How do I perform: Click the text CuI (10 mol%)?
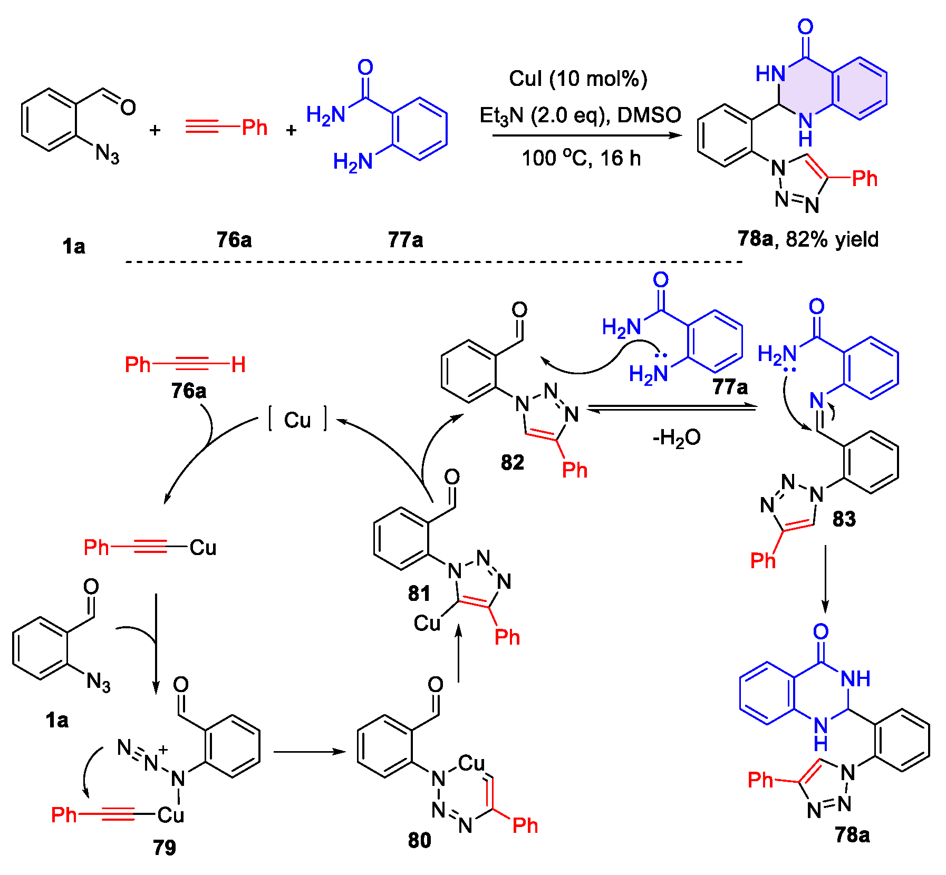pyautogui.click(x=578, y=79)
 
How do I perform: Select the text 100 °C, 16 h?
pyautogui.click(x=581, y=158)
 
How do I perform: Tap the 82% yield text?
pyautogui.click(x=832, y=239)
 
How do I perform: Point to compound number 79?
pyautogui.click(x=165, y=848)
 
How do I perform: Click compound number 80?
pyautogui.click(x=420, y=840)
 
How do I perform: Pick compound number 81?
pyautogui.click(x=419, y=594)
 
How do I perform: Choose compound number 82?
pyautogui.click(x=513, y=462)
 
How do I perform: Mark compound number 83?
pyautogui.click(x=844, y=519)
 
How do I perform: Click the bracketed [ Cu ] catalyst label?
pyautogui.click(x=298, y=420)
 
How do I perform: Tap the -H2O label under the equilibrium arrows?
pyautogui.click(x=677, y=437)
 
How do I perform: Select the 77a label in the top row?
pyautogui.click(x=406, y=240)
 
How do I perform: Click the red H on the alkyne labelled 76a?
pyautogui.click(x=238, y=364)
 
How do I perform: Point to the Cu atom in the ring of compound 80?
pyautogui.click(x=471, y=763)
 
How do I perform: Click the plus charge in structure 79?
pyautogui.click(x=163, y=749)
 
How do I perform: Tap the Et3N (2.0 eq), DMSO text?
pyautogui.click(x=580, y=115)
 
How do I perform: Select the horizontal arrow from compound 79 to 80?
pyautogui.click(x=309, y=752)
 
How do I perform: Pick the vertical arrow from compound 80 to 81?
pyautogui.click(x=459, y=654)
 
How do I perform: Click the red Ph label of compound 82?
pyautogui.click(x=574, y=470)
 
